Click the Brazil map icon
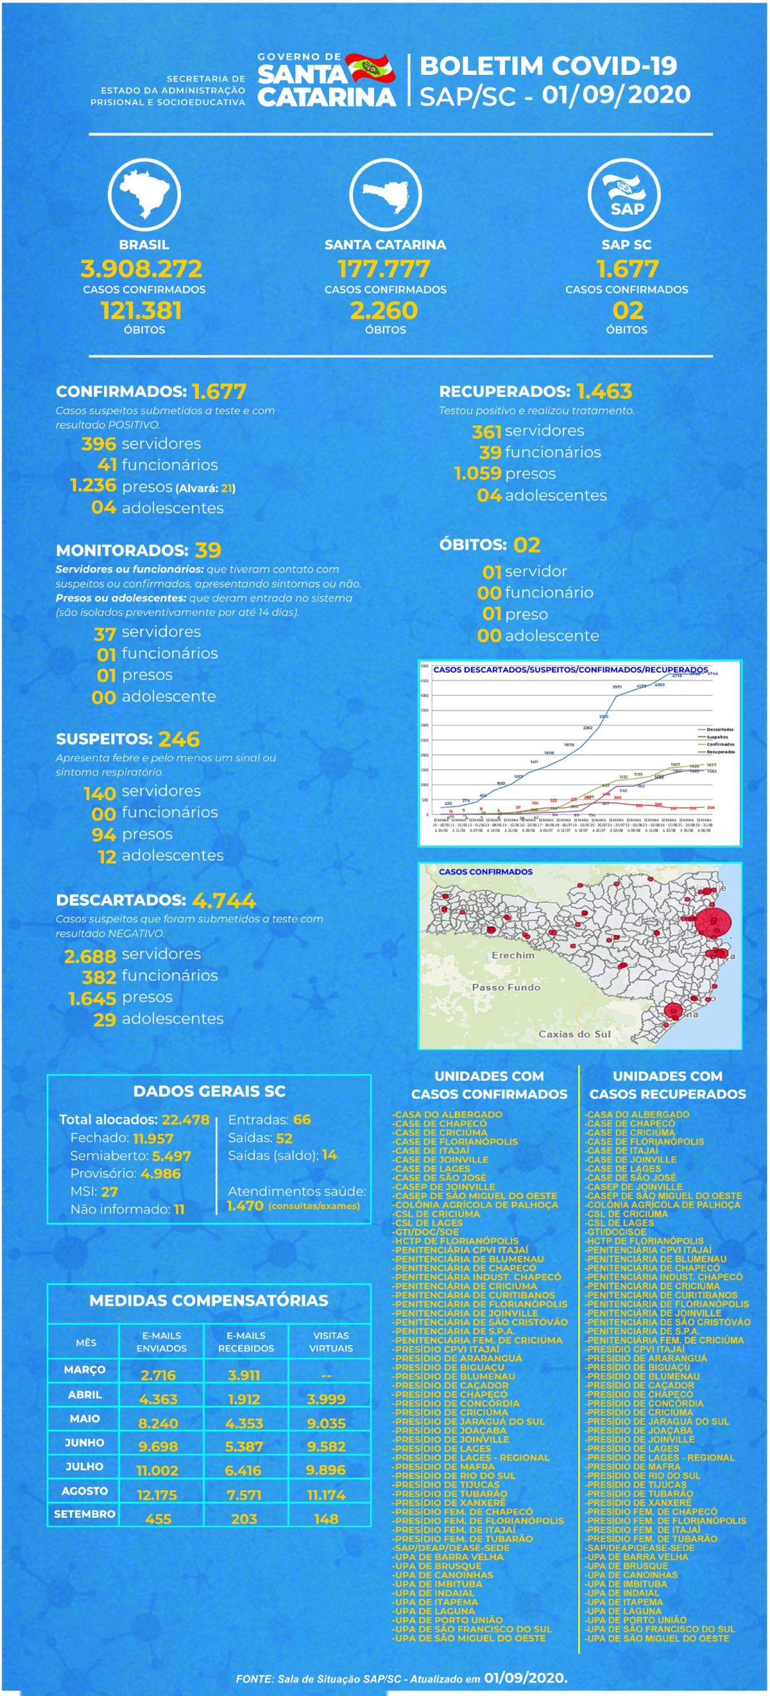pyautogui.click(x=144, y=194)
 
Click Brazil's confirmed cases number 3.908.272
pyautogui.click(x=142, y=269)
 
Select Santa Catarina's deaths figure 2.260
pyautogui.click(x=385, y=311)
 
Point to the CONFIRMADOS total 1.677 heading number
pyautogui.click(x=219, y=392)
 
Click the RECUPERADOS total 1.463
pyautogui.click(x=604, y=392)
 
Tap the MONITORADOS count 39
pyautogui.click(x=208, y=550)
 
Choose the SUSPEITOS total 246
pyautogui.click(x=179, y=739)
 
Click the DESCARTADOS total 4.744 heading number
pyautogui.click(x=224, y=900)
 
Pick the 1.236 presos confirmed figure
pyautogui.click(x=93, y=486)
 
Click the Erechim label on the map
pyautogui.click(x=512, y=955)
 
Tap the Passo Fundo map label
pyautogui.click(x=506, y=987)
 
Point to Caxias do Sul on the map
pyautogui.click(x=574, y=1033)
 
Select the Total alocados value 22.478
pyautogui.click(x=185, y=1120)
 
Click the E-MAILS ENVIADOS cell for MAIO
pyautogui.click(x=158, y=1423)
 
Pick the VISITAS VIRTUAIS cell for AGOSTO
pyautogui.click(x=326, y=1495)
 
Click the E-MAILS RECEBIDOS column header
pyautogui.click(x=246, y=1342)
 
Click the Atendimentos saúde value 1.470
pyautogui.click(x=245, y=1206)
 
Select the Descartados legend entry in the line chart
pyautogui.click(x=719, y=729)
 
